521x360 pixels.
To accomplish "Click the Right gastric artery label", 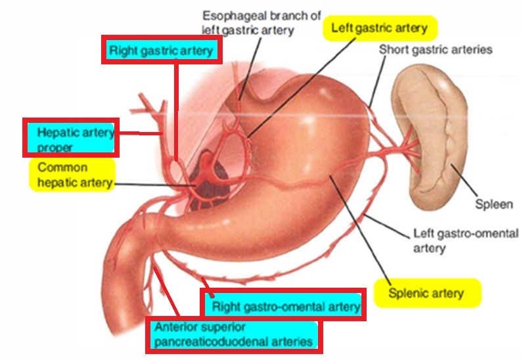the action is [162, 51].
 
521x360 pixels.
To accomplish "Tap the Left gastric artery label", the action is [380, 28].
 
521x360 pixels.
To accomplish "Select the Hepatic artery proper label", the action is [70, 138].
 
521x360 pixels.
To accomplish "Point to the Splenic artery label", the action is [426, 293].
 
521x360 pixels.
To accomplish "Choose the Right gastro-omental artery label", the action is [284, 305].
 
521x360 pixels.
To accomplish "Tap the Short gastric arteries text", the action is [436, 50].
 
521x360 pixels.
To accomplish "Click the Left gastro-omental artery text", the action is [465, 240].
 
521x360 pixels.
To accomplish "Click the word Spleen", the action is [493, 204].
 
